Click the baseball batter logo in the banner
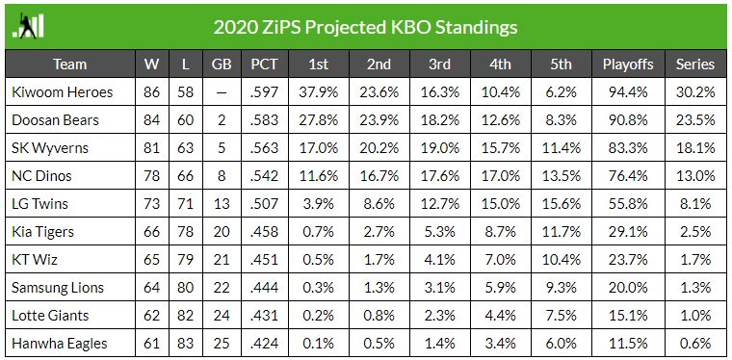[x=28, y=26]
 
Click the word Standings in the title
[x=476, y=28]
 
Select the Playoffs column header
[x=628, y=64]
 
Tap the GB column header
[x=222, y=64]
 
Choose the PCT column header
[x=264, y=64]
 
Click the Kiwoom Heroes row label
[x=62, y=91]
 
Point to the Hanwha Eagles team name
[x=60, y=344]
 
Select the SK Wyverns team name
[x=50, y=148]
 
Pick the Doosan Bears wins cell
[x=151, y=120]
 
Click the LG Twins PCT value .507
[x=264, y=204]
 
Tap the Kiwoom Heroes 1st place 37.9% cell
[x=319, y=91]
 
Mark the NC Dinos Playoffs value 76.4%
[x=628, y=176]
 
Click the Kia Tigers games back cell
[x=222, y=232]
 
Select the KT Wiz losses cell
[x=185, y=260]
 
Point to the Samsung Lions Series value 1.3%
[x=695, y=288]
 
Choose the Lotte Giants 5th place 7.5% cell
[x=561, y=316]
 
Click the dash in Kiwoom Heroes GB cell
[x=222, y=92]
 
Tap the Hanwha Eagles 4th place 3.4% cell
[x=500, y=344]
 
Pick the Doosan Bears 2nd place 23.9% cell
[x=379, y=120]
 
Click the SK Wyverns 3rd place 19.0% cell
[x=439, y=148]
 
